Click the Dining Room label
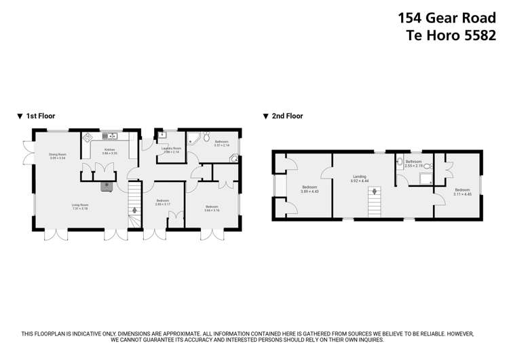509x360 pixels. pos(57,155)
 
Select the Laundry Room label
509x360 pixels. pos(171,149)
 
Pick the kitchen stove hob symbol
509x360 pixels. pos(88,137)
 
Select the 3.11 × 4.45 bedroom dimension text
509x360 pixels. pos(462,194)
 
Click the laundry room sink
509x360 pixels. pos(162,134)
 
